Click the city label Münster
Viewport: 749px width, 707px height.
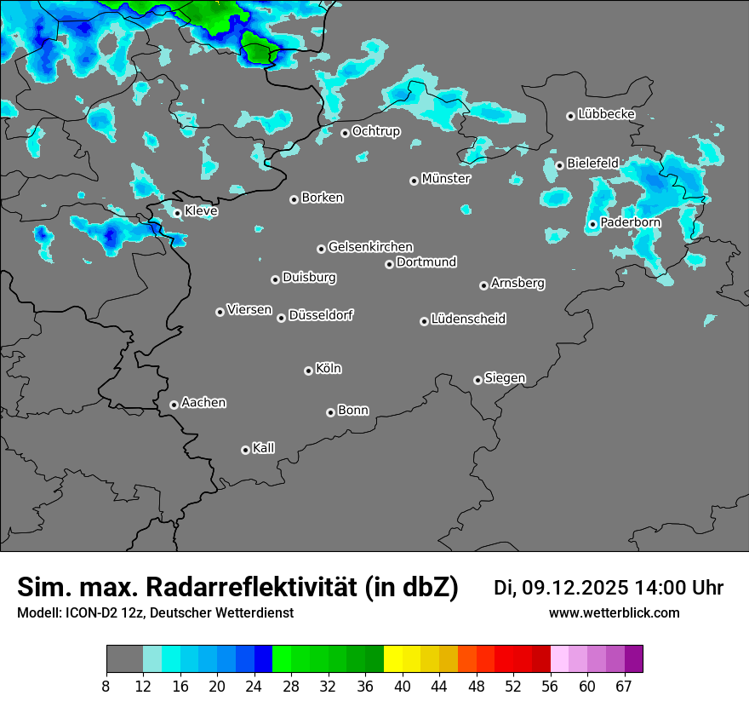pyautogui.click(x=445, y=179)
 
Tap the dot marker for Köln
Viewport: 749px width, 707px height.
pyautogui.click(x=308, y=371)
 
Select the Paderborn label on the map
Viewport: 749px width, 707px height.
pyautogui.click(x=630, y=222)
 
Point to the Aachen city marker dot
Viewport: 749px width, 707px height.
pyautogui.click(x=174, y=405)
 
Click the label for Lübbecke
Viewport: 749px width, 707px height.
pyautogui.click(x=606, y=114)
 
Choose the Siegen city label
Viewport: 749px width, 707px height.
pyautogui.click(x=505, y=378)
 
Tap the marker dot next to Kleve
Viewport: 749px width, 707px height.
pyautogui.click(x=177, y=213)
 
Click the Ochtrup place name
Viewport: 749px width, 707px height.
pyautogui.click(x=375, y=131)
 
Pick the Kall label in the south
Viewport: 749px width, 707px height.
pyautogui.click(x=263, y=448)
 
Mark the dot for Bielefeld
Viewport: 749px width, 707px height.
pyautogui.click(x=559, y=165)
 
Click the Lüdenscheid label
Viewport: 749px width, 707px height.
pyautogui.click(x=468, y=319)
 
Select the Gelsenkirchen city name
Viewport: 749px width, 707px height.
pyautogui.click(x=370, y=247)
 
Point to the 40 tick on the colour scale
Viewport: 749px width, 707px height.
pyautogui.click(x=403, y=686)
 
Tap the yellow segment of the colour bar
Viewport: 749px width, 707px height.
pyautogui.click(x=392, y=658)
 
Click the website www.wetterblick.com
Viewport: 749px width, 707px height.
pyautogui.click(x=614, y=613)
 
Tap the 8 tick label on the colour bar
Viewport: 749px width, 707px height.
pyautogui.click(x=106, y=686)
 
